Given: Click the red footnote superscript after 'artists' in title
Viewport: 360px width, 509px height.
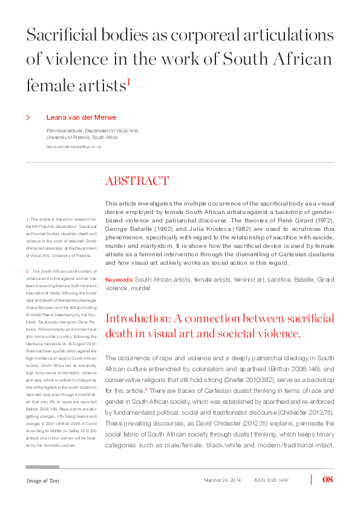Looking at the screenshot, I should pos(128,82).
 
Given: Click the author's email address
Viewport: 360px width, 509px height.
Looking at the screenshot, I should pos(74,147).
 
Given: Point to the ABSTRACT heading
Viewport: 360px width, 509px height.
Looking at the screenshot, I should pos(137,181).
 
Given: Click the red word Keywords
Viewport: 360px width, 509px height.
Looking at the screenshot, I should pos(119,279).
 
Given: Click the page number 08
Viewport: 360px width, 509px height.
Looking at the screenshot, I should pos(329,480).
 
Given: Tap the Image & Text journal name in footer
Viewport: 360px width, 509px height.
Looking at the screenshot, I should pos(42,481).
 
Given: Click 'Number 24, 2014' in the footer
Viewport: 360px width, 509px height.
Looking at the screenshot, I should pos(223,481).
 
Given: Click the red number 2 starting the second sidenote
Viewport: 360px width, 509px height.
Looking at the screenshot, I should pos(28,271).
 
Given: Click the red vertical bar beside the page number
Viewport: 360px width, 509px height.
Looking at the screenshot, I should pos(312,480).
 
